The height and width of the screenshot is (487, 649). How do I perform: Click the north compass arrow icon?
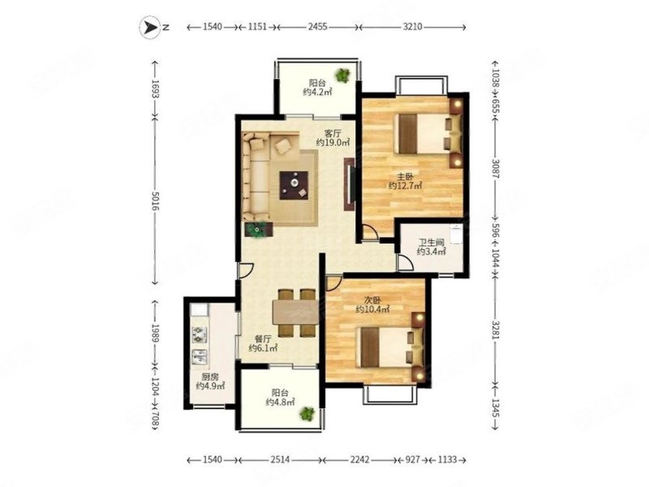(149, 27)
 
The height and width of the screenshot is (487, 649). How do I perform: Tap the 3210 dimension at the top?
(412, 27)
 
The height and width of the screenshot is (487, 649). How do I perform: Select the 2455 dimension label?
(317, 27)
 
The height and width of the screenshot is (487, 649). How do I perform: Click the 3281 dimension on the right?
(496, 330)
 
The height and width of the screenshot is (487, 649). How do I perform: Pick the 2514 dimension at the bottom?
(280, 459)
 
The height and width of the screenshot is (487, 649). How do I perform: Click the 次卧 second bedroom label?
(372, 300)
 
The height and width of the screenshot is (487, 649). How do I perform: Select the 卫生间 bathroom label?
(431, 243)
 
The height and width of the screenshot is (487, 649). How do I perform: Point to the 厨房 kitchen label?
(210, 377)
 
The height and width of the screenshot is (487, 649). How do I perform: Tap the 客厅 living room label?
(333, 133)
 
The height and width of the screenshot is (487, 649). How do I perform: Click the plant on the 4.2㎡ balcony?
(342, 75)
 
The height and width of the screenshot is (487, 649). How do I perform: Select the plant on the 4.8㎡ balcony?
(307, 413)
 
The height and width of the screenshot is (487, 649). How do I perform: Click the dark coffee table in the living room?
(294, 185)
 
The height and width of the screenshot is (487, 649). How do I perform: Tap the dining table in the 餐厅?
(295, 312)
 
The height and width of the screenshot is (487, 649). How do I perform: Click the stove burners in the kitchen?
(200, 334)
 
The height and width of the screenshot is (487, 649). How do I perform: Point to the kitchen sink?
(200, 357)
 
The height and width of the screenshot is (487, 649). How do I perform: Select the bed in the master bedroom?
(424, 133)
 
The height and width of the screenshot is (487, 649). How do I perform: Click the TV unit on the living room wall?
(350, 184)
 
